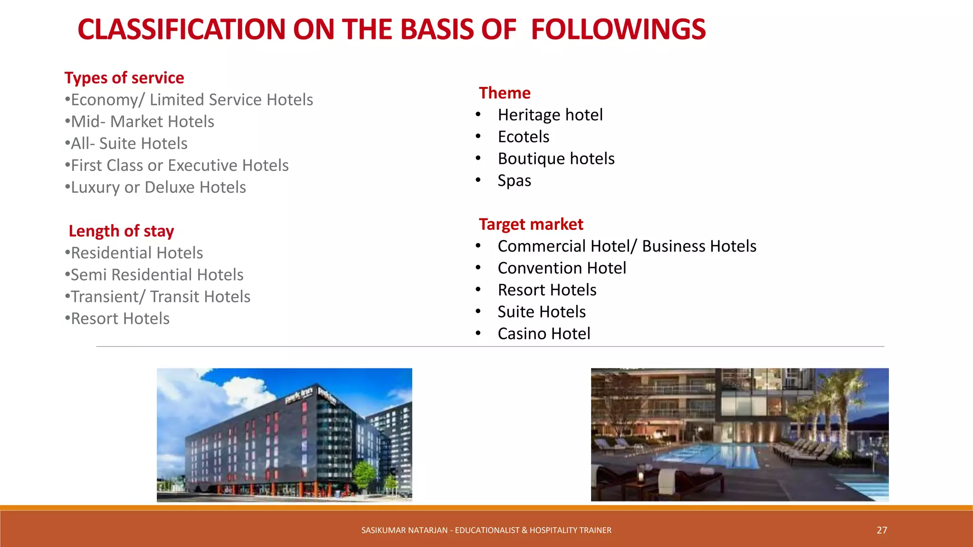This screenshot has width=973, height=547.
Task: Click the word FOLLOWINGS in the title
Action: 618,29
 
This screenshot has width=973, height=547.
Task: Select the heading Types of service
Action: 124,78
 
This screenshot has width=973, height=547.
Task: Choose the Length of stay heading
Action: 121,231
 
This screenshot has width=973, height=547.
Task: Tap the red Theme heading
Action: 505,93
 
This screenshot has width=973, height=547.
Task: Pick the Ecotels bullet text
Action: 524,137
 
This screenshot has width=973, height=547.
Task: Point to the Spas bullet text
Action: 515,181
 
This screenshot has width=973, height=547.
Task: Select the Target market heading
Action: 531,224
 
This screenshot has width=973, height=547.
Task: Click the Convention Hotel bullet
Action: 562,268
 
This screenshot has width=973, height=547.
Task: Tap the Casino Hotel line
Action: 544,334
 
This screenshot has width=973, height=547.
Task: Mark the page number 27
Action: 882,530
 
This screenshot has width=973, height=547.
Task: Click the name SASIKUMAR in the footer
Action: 380,530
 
